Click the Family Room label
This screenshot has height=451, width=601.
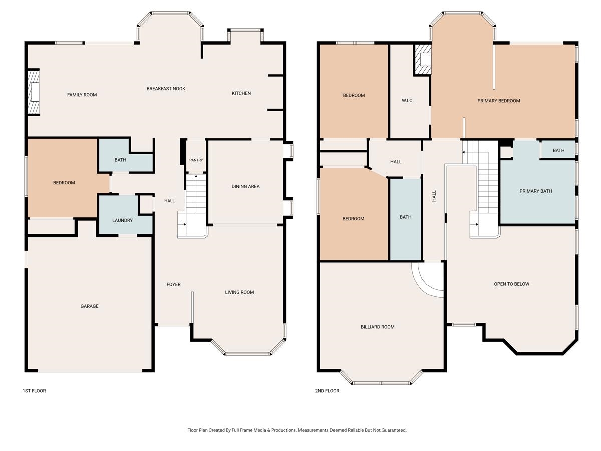click(82, 95)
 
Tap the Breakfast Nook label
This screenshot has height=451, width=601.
click(166, 89)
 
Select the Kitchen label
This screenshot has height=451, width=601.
click(241, 93)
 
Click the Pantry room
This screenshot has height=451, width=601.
click(196, 160)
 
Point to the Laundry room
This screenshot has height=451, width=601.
click(122, 220)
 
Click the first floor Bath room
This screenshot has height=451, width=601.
click(120, 160)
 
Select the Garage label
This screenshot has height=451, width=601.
click(90, 306)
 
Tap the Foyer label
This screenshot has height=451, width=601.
click(174, 284)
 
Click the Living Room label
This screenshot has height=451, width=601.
click(239, 292)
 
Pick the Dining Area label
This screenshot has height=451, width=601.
click(245, 186)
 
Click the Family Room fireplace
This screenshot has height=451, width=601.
click(34, 93)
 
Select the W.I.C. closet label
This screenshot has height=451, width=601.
click(408, 101)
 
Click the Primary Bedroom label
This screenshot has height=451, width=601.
click(498, 101)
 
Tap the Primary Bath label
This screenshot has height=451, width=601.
click(536, 191)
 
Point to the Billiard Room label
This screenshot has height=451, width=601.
click(378, 327)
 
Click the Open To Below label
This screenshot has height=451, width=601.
click(511, 284)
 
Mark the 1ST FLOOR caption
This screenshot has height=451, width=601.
click(34, 391)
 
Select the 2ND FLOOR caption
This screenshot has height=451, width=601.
click(327, 391)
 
